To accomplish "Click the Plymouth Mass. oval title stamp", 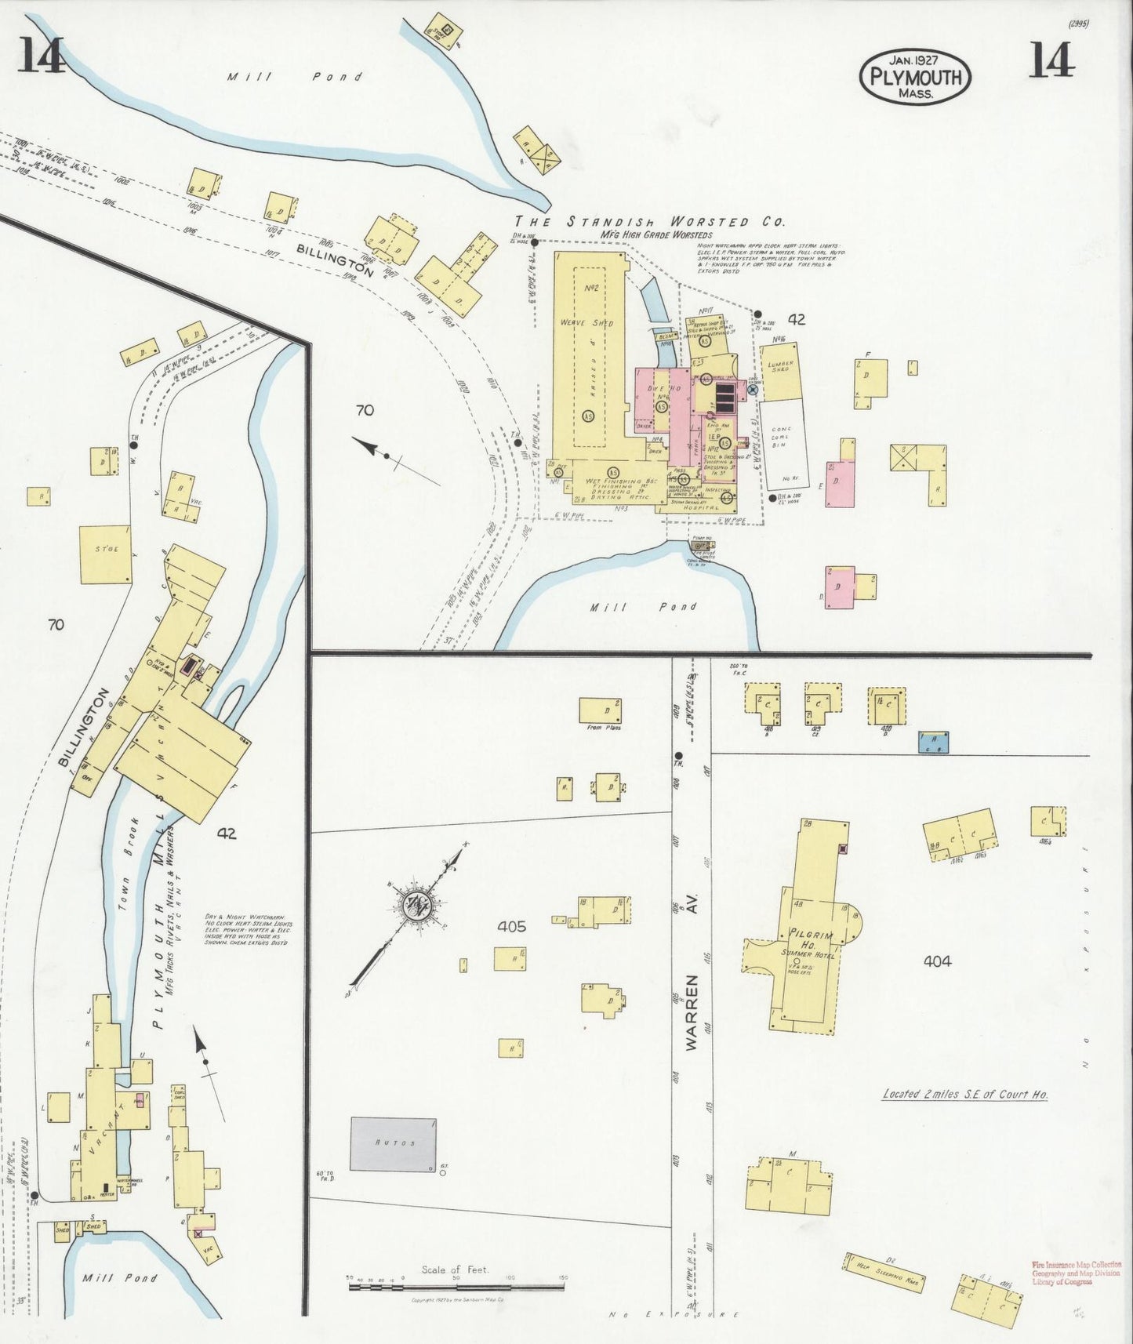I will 915,77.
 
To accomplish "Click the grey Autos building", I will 394,1144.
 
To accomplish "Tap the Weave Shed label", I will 586,322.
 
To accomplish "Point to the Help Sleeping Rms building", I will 884,1272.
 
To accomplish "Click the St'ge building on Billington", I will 106,554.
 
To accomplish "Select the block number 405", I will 512,927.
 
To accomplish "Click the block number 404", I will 937,961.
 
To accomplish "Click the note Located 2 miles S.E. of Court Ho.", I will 965,1094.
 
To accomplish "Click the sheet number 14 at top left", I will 41,56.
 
